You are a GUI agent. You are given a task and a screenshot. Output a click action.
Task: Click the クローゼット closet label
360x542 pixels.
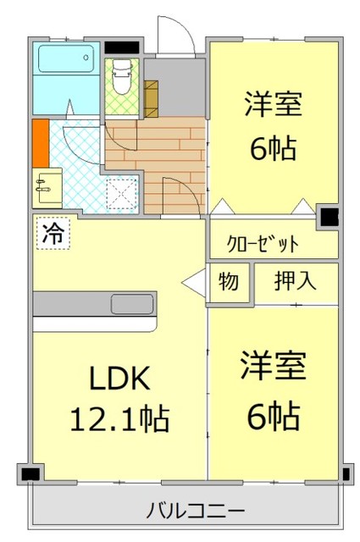[263, 244]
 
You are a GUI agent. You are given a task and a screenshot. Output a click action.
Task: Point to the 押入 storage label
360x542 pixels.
[295, 282]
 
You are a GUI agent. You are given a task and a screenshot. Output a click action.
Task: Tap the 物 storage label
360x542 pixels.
[229, 282]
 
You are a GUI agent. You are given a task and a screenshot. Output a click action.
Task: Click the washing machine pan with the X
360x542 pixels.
[122, 194]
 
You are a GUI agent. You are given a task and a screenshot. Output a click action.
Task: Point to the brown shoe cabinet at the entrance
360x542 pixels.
[152, 97]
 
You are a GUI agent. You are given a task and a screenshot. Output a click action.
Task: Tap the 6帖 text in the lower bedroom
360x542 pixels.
[273, 415]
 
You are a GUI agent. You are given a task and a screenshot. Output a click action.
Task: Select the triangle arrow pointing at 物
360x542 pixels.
[194, 282]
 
